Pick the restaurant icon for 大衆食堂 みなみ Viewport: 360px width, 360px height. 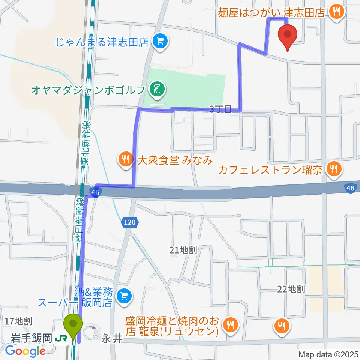(125, 160)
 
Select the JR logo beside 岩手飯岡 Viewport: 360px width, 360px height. (60, 339)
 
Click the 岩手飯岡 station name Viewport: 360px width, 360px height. (31, 339)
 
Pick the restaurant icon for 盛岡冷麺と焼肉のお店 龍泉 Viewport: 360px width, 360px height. (229, 325)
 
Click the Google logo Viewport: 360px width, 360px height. (25, 351)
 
